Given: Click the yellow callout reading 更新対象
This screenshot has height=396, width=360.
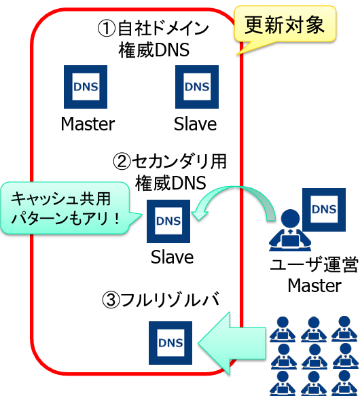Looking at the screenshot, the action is [285, 24].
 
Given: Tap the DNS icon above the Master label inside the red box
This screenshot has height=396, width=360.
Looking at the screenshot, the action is [86, 87].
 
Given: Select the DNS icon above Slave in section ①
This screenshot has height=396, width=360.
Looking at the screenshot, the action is [197, 87].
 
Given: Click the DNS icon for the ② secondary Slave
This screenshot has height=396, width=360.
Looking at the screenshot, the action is [168, 221].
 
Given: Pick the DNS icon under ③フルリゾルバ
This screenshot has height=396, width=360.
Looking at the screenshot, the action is [170, 343].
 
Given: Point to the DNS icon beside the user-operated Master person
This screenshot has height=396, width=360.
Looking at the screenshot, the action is [324, 210].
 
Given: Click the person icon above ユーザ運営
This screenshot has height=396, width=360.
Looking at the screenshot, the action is [290, 230].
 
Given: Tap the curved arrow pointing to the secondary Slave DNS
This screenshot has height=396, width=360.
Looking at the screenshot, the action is [234, 188].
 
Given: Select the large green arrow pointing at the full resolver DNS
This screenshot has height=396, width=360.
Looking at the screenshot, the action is [232, 343].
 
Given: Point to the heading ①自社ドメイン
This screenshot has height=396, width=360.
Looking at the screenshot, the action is [154, 28].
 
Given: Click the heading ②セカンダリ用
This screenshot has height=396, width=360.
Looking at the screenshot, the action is [170, 162].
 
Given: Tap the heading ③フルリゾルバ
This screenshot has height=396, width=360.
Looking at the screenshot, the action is [161, 300].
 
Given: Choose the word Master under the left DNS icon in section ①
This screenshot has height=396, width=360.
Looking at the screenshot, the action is [88, 124].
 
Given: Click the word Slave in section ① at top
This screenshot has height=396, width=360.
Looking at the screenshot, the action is [196, 124].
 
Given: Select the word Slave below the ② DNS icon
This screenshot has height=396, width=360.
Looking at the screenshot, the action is [173, 257].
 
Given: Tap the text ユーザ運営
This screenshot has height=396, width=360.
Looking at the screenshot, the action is [314, 264].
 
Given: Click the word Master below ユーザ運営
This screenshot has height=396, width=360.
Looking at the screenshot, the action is [314, 285].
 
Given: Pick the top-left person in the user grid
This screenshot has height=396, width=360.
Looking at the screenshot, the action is [283, 329].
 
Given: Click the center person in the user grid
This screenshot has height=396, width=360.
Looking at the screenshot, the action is [314, 357].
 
